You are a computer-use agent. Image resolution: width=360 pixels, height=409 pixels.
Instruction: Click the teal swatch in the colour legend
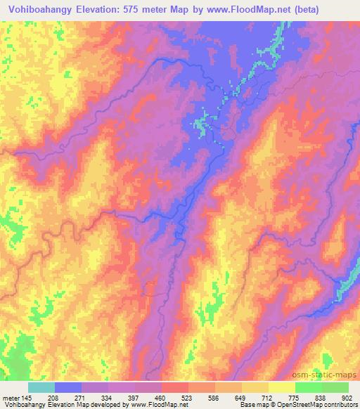coord(41,387)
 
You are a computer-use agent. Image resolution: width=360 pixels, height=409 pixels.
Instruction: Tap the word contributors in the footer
coord(342,404)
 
